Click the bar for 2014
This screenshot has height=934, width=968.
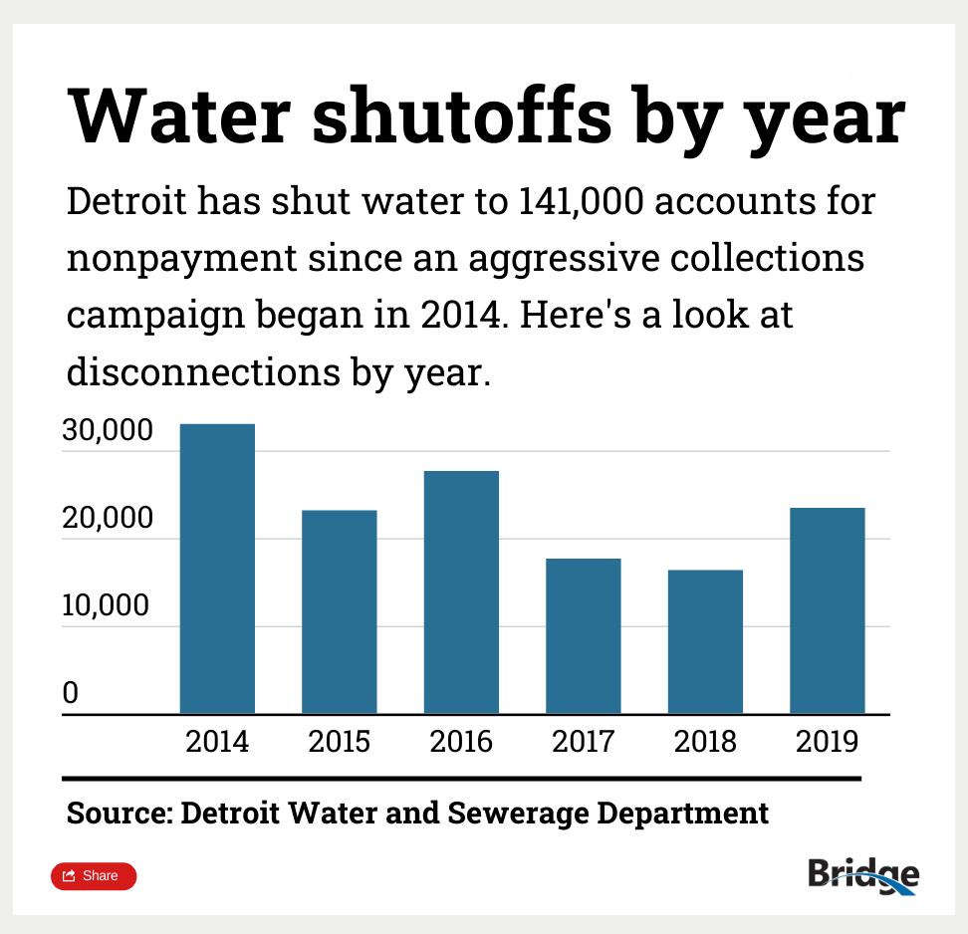[217, 569]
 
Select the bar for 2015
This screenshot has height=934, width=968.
[339, 611]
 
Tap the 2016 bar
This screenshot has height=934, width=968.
[461, 591]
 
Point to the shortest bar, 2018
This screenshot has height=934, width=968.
[705, 641]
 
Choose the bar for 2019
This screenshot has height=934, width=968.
[827, 610]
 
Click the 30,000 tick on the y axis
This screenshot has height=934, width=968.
[108, 431]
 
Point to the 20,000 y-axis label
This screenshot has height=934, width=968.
[108, 519]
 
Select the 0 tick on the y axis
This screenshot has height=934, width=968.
[70, 693]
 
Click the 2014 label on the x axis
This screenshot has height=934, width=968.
[217, 742]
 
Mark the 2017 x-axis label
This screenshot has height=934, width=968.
[583, 742]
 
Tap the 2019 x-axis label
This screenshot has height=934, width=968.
[827, 742]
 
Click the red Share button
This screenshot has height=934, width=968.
[94, 876]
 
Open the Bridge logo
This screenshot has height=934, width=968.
[862, 874]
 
